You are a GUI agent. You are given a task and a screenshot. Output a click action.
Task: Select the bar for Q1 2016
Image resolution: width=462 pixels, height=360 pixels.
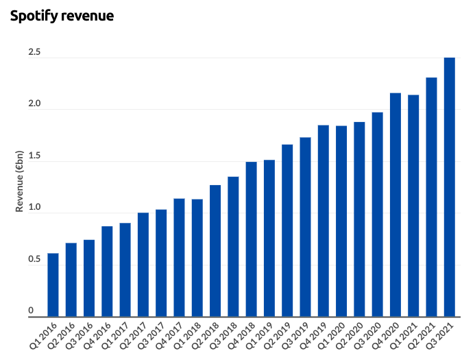click(x=53, y=285)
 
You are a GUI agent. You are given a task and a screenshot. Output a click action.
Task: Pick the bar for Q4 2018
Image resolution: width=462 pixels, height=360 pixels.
click(x=252, y=239)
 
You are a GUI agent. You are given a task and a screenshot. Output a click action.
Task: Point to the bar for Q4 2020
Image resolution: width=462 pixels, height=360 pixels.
click(x=396, y=205)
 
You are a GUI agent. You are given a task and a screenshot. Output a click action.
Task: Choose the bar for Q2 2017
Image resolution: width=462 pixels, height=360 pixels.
click(x=143, y=265)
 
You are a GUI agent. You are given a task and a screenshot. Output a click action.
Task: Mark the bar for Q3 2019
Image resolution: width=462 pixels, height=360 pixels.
click(x=306, y=227)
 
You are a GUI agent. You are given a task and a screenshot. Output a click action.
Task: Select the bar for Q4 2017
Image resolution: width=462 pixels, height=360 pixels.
click(x=179, y=258)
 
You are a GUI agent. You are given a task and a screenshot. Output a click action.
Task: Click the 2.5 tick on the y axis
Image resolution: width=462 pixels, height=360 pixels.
click(x=34, y=53)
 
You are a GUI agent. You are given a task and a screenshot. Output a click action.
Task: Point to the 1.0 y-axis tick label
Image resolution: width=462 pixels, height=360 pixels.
click(x=34, y=208)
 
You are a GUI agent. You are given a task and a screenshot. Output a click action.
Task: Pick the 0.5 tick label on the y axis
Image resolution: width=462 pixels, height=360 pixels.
click(x=34, y=260)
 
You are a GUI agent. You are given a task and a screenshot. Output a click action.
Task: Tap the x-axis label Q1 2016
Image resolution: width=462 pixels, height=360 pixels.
click(x=44, y=338)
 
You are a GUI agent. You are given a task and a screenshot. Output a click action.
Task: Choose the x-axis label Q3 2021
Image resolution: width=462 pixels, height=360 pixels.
click(x=441, y=338)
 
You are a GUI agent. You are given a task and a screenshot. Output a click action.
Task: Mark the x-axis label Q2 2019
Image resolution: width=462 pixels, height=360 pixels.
click(x=278, y=338)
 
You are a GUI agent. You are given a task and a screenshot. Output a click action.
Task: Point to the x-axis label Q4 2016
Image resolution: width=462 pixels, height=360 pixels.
click(x=98, y=338)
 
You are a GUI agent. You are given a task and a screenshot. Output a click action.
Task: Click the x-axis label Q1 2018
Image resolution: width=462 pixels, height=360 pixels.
click(x=188, y=338)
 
